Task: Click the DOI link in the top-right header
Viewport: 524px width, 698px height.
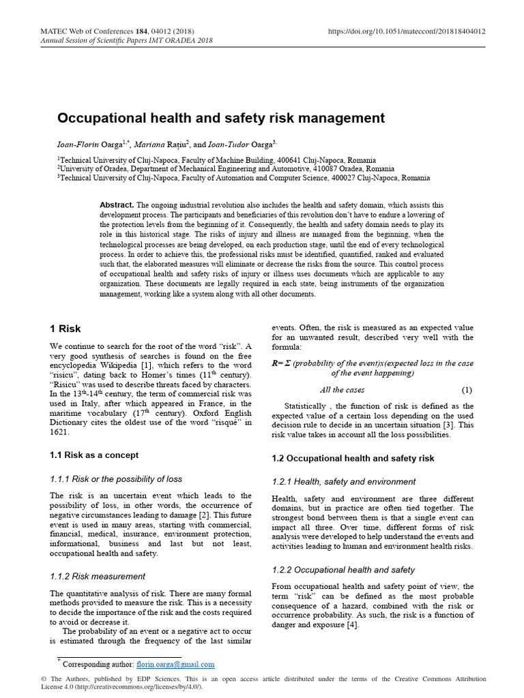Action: pos(408,31)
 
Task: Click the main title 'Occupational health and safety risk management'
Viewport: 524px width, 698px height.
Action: pos(221,118)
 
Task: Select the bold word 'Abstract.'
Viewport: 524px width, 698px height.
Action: pos(117,205)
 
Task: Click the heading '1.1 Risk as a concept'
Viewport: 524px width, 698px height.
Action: pos(95,455)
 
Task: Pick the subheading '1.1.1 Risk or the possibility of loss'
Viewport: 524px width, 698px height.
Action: pos(116,479)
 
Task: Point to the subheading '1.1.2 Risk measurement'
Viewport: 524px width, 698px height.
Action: pos(98,576)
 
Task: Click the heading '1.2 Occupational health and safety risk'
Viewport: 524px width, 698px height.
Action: pos(353,458)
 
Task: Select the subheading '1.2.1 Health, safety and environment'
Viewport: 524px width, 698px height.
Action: pos(343,482)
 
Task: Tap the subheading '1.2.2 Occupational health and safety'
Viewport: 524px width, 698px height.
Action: pos(343,570)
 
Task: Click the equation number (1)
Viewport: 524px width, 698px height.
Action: pos(467,390)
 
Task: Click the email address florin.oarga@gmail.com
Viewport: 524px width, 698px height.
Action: pos(176,664)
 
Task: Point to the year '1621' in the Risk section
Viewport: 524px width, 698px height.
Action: pos(62,432)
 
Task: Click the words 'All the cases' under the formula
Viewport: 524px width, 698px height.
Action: pos(342,390)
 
